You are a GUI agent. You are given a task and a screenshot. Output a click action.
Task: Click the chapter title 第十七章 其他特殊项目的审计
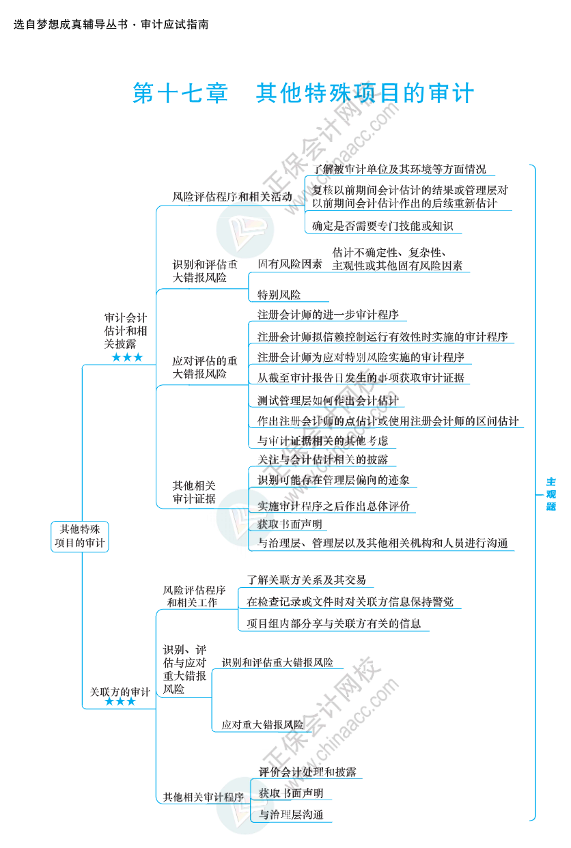(x=303, y=94)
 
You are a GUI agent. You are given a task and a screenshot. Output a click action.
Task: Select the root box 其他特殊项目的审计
(x=80, y=536)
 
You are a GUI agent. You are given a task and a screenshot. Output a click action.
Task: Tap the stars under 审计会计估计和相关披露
(x=127, y=358)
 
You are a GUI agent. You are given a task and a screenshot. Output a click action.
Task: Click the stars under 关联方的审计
(x=120, y=702)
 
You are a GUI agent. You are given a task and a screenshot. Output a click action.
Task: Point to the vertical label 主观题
(x=551, y=494)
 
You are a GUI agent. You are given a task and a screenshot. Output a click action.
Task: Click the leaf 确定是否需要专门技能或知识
(x=382, y=226)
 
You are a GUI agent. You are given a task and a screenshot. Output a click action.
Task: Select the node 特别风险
(x=279, y=295)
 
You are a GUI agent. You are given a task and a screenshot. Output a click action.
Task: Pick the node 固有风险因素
(x=290, y=264)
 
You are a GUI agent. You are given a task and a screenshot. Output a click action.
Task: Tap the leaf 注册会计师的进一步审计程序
(x=328, y=315)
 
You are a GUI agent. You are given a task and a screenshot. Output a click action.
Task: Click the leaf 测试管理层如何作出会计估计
(x=328, y=401)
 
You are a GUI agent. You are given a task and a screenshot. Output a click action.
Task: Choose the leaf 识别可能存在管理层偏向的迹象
(x=333, y=480)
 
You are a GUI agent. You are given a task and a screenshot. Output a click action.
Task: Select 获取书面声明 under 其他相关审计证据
(x=290, y=524)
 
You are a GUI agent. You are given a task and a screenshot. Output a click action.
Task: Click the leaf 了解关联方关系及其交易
(x=306, y=580)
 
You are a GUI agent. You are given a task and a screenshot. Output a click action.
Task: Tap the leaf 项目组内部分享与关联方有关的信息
(x=333, y=623)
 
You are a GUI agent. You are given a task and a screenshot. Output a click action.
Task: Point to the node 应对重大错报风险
(x=262, y=724)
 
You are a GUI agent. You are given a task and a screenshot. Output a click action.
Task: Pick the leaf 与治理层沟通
(x=290, y=815)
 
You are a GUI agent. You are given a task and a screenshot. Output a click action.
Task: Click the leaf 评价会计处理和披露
(x=307, y=772)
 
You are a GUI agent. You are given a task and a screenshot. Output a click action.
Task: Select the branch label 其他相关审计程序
(x=204, y=797)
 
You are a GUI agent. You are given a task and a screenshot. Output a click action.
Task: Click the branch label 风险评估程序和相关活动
(x=232, y=197)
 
